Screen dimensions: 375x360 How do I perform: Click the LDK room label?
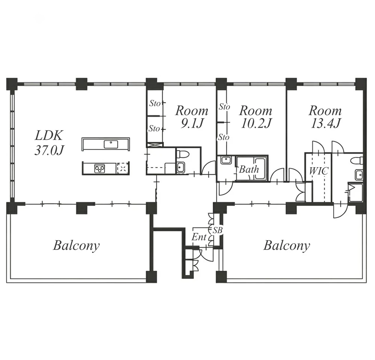[x=49, y=135]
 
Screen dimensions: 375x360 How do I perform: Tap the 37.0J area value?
[x=50, y=150]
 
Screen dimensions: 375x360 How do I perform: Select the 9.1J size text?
[x=192, y=124]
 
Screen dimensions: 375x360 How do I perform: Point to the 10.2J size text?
[x=256, y=124]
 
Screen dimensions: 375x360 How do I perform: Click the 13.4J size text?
[x=325, y=124]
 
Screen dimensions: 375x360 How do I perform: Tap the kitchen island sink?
[x=111, y=144]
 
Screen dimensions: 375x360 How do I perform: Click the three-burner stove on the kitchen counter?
[x=100, y=168]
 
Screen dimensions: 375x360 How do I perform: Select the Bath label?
[x=249, y=169]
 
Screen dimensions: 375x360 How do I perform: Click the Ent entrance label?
[x=199, y=237]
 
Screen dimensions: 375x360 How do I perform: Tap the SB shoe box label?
[x=218, y=230]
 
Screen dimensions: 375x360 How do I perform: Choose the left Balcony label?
[x=76, y=246]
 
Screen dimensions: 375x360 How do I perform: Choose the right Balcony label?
[x=287, y=246]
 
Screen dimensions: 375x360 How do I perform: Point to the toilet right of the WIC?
[x=358, y=160]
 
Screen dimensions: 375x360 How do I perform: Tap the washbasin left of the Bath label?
[x=225, y=160]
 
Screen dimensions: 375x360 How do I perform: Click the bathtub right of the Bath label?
[x=260, y=168]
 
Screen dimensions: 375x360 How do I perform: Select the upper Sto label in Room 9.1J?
[x=155, y=103]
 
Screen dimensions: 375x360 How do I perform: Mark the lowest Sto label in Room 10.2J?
[x=224, y=137]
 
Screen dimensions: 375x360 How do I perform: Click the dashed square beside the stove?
[x=123, y=168]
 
